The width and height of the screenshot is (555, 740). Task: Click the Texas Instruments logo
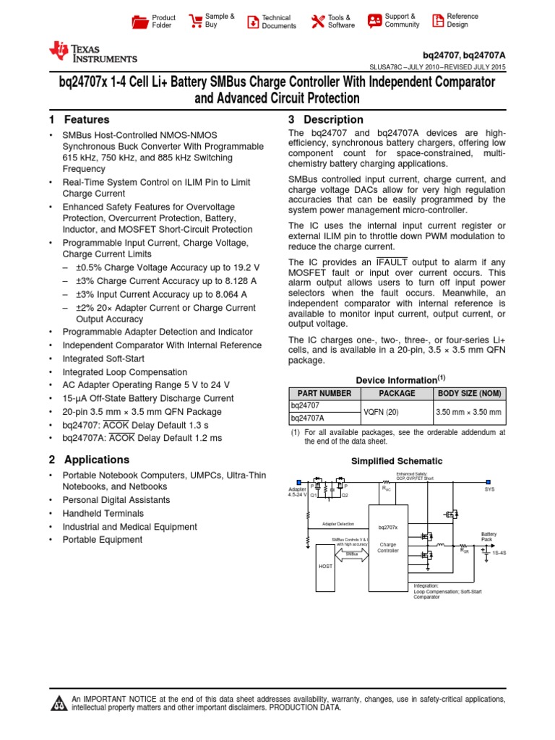click(x=92, y=53)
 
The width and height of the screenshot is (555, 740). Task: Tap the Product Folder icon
click(x=139, y=22)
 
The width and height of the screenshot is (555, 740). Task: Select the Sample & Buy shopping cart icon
click(x=195, y=21)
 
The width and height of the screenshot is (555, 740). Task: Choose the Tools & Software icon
click(x=317, y=22)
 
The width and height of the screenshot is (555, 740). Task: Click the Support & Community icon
click(x=374, y=21)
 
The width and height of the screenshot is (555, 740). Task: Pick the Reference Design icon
click(x=437, y=22)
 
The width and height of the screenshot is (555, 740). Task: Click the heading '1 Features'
click(x=79, y=120)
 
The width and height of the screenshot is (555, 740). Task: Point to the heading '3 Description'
click(x=325, y=120)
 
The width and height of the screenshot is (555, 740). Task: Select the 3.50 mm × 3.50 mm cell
click(x=469, y=412)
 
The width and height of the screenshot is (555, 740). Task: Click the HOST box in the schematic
click(x=326, y=566)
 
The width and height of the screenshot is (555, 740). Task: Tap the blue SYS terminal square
click(x=489, y=481)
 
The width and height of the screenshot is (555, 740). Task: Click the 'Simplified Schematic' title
click(x=397, y=461)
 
